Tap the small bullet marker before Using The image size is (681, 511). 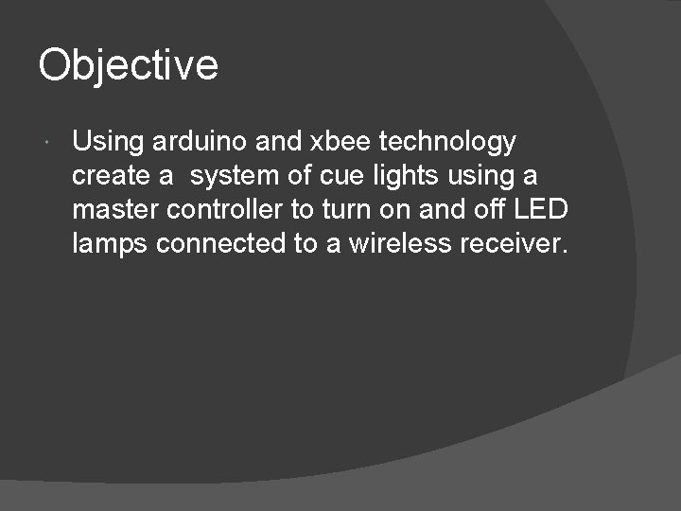click(48, 143)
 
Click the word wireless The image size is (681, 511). click(400, 244)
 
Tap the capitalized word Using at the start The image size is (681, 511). click(108, 143)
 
